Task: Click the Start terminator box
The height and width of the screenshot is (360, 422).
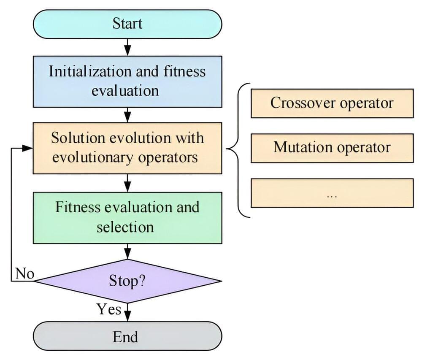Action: pyautogui.click(x=127, y=24)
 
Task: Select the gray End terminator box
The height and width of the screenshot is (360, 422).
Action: pyautogui.click(x=127, y=337)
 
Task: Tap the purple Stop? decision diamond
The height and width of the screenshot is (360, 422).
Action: pyautogui.click(x=127, y=281)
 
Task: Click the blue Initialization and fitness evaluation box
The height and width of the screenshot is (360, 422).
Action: pyautogui.click(x=127, y=81)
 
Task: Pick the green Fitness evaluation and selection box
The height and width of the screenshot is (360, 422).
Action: pyautogui.click(x=127, y=217)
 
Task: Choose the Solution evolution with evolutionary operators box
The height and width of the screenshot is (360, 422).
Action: pyautogui.click(x=127, y=148)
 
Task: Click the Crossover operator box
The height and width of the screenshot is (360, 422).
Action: pyautogui.click(x=332, y=103)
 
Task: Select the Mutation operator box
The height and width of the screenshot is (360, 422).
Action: pyautogui.click(x=332, y=148)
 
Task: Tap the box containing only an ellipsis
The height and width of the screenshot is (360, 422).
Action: pyautogui.click(x=332, y=193)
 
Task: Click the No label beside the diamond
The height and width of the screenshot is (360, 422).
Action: pyautogui.click(x=24, y=273)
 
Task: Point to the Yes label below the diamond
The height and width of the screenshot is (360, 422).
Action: pyautogui.click(x=109, y=309)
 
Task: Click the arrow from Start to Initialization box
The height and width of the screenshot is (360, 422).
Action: pyautogui.click(x=127, y=47)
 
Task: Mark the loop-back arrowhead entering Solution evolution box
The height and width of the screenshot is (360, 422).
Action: pyautogui.click(x=27, y=148)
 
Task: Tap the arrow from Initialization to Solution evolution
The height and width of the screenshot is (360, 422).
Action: pyautogui.click(x=127, y=114)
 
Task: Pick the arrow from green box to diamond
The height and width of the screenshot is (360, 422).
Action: pyautogui.click(x=127, y=252)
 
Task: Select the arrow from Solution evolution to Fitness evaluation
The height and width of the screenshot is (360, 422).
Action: pyautogui.click(x=127, y=183)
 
